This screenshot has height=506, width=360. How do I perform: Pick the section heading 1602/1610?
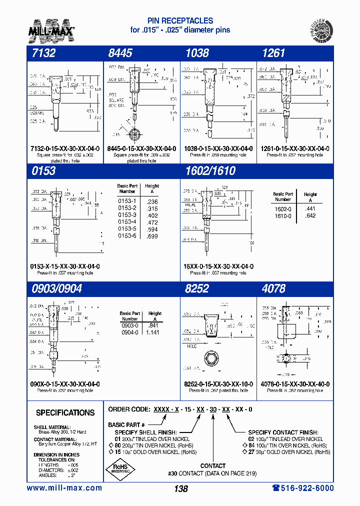pyautogui.click(x=209, y=171)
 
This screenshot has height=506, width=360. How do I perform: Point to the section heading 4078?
pyautogui.click(x=273, y=288)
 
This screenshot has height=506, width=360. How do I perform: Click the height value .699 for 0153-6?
pyautogui.click(x=152, y=235)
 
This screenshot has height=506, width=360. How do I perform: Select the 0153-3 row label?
pyautogui.click(x=127, y=215)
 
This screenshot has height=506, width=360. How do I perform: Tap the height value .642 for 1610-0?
pyautogui.click(x=310, y=215)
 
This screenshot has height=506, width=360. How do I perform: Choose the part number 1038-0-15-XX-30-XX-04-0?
pyautogui.click(x=218, y=149)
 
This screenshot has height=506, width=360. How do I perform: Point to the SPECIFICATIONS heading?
pyautogui.click(x=65, y=413)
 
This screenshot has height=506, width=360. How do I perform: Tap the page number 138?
pyautogui.click(x=181, y=489)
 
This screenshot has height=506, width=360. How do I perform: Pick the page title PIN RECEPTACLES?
pyautogui.click(x=180, y=21)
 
